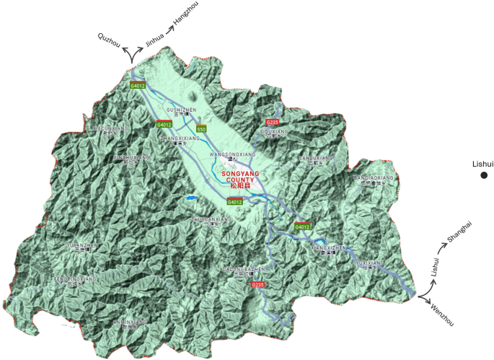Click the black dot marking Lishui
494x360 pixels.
coord(485,175)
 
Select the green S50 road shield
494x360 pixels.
coord(202,128)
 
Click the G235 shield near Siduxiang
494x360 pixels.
coord(272,122)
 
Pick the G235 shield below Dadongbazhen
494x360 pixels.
coord(258,285)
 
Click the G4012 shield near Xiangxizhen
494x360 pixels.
coord(302,227)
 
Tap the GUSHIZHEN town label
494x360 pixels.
coord(181,110)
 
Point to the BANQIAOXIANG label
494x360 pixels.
coord(374,177)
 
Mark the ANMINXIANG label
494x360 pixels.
coord(131,321)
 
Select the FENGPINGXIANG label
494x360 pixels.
coord(75,278)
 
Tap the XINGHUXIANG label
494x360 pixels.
coord(132,157)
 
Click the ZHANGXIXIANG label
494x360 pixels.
coord(179,137)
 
